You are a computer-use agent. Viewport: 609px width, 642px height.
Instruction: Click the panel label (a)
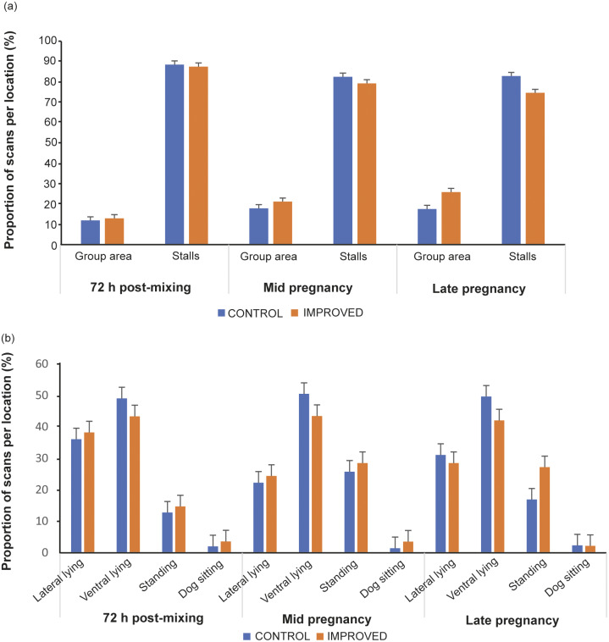click(x=12, y=10)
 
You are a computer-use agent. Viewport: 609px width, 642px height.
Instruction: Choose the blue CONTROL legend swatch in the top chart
click(x=223, y=312)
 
